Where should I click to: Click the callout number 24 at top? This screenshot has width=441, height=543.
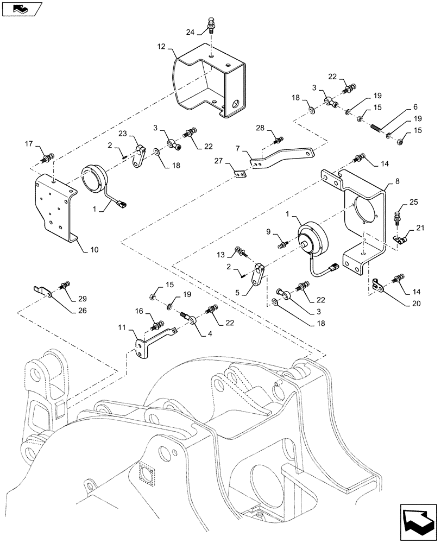[x=189, y=32]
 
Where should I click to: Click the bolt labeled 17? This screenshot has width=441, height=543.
[x=47, y=159]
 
